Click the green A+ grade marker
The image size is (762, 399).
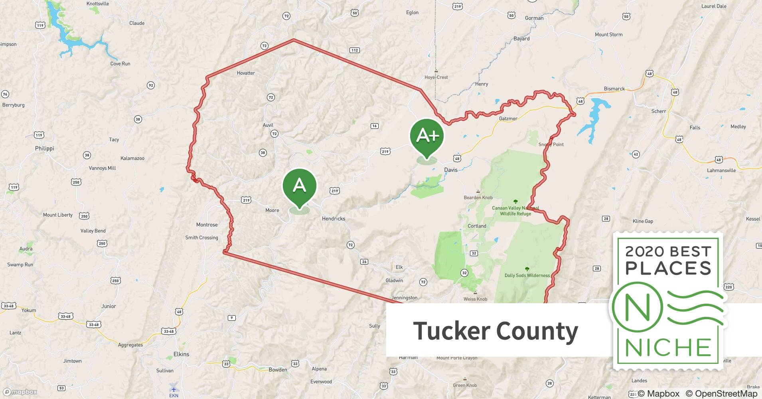pos(427,136)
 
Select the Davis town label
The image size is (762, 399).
pos(451,170)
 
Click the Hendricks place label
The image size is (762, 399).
pos(334,219)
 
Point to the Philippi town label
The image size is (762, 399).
pos(44,148)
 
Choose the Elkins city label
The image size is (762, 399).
pos(181,354)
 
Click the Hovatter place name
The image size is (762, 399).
pos(246,73)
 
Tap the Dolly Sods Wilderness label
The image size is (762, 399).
pos(527,275)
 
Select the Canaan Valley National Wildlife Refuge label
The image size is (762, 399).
pos(515,211)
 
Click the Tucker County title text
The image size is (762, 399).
pos(495,331)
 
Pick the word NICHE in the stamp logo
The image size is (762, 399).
pos(668,348)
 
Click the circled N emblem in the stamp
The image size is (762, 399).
pos(637,307)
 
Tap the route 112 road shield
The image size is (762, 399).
pos(355,50)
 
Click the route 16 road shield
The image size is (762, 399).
pos(374,126)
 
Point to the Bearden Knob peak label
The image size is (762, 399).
pos(478,198)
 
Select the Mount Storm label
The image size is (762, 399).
pos(608,35)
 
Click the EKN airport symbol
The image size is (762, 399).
pos(174,389)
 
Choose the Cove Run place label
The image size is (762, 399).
pos(120,64)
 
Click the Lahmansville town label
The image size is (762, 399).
pos(721,170)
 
